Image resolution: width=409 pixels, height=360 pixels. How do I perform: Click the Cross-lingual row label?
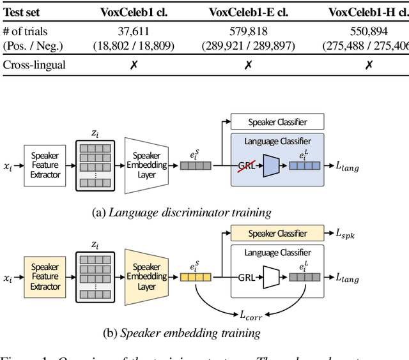point(35,65)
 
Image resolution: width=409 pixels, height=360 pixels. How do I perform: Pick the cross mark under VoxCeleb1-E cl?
point(249,65)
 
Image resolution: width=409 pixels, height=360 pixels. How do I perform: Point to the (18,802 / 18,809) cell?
point(134,45)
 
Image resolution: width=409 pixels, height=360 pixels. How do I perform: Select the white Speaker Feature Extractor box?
point(45,165)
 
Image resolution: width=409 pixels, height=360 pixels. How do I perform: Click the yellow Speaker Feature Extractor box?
point(45,277)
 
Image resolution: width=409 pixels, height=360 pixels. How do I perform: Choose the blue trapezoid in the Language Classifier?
point(271,166)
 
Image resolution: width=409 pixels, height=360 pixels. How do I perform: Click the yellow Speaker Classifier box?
point(277,234)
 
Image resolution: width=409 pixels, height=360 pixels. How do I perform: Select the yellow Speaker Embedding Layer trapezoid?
point(146,277)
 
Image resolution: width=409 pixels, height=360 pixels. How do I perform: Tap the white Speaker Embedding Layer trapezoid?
point(146,165)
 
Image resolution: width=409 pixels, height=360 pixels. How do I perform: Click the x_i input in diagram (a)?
point(8,166)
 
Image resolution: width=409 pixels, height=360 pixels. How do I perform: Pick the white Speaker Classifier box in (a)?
point(277,122)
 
